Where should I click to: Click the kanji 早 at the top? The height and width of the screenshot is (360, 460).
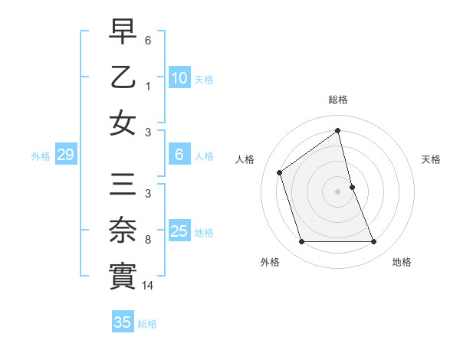point(123,32)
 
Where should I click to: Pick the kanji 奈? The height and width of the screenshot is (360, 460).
point(123,231)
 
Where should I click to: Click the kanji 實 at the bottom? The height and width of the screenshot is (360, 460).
point(123,276)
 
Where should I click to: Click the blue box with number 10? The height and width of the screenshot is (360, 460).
point(179,77)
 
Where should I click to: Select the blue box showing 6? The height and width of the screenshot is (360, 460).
point(179,155)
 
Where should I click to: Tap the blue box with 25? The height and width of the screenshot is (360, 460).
point(179,231)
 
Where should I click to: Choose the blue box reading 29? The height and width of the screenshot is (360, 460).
point(65,155)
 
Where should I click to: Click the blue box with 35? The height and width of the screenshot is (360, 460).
point(123,322)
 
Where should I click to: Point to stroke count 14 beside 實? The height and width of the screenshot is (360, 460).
point(148,286)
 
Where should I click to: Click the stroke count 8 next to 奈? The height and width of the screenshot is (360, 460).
point(148,240)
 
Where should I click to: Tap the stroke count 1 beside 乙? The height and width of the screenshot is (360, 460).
point(148,87)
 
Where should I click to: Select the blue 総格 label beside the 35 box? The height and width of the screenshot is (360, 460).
point(147,324)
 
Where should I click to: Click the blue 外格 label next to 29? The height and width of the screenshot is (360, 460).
point(41,156)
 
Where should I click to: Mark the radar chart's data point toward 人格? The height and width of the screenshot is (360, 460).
point(280,172)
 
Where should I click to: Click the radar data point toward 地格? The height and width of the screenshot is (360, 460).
point(374,242)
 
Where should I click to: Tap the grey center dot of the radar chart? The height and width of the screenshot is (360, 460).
point(337,191)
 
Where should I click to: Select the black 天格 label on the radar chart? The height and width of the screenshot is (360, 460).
point(431,159)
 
